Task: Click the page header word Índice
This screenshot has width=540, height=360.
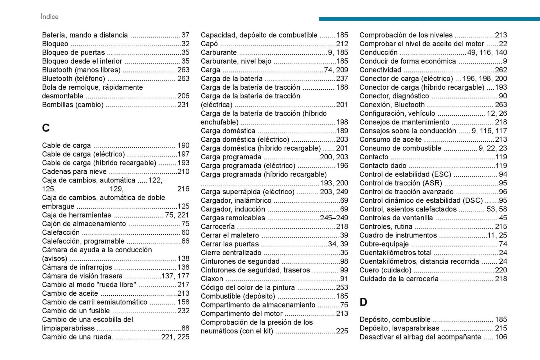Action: pos(49,17)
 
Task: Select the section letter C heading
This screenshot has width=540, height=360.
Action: pos(46,128)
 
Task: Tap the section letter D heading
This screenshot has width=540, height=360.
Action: pos(363,302)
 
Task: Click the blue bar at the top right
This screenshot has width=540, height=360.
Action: pos(429,19)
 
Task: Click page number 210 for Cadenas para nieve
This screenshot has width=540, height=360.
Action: pos(183,171)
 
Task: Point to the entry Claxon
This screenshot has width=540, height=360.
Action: pos(212,279)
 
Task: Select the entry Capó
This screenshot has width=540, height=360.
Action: pos(209,44)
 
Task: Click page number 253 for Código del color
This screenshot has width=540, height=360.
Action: pos(342,287)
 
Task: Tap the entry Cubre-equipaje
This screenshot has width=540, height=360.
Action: pos(384,244)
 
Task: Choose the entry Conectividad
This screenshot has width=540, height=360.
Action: pos(380,70)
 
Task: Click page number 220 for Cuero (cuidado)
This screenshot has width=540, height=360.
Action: pos(501,270)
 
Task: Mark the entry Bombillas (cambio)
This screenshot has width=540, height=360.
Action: pos(73,105)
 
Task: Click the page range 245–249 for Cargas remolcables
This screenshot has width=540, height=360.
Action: pos(334,218)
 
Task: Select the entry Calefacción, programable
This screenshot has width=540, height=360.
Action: pos(83,241)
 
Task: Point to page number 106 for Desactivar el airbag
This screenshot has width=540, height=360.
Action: pos(501,337)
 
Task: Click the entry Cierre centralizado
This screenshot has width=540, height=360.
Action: pos(231,253)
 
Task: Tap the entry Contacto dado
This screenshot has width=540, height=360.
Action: pos(383,166)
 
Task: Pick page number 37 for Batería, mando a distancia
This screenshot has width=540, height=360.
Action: pos(185,35)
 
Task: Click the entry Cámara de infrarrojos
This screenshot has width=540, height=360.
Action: pos(77,267)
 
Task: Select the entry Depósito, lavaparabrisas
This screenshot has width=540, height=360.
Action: pos(399,328)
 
